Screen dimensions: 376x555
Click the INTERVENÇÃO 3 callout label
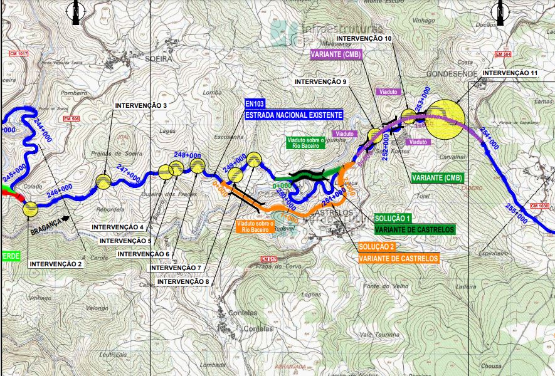pyautogui.click(x=140, y=105)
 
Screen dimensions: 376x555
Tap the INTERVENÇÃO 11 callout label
pyautogui.click(x=510, y=73)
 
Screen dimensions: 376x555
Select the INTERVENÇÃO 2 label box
pyautogui.click(x=55, y=264)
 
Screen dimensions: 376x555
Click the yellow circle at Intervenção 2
pyautogui.click(x=30, y=209)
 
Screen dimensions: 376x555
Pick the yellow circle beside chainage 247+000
pyautogui.click(x=103, y=182)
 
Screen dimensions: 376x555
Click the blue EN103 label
pyautogui.click(x=256, y=104)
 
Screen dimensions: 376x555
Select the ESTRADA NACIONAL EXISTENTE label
pyautogui.click(x=293, y=115)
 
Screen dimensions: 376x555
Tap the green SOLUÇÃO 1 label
pyautogui.click(x=393, y=218)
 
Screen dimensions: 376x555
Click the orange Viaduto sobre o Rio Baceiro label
pyautogui.click(x=256, y=226)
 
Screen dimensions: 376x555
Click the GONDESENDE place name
pyautogui.click(x=452, y=74)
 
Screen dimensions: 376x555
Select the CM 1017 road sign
pyautogui.click(x=19, y=55)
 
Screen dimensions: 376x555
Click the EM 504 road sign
pyautogui.click(x=503, y=55)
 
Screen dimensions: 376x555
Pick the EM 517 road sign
pyautogui.click(x=268, y=259)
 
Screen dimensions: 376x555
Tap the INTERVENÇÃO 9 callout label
pyautogui.click(x=320, y=82)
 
